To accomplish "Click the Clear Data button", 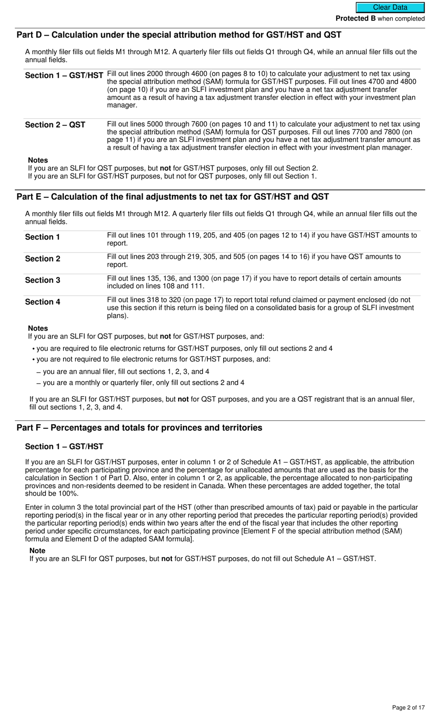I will [x=390, y=7].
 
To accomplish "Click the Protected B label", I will [x=355, y=19].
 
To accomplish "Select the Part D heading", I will [x=179, y=35].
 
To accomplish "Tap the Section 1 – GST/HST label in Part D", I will [x=64, y=76].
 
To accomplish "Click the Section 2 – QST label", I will [x=55, y=125].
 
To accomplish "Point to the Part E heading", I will [x=172, y=197].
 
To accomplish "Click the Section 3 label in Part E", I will [x=43, y=280].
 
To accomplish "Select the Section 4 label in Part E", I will [x=43, y=302].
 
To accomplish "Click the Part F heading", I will [x=139, y=427].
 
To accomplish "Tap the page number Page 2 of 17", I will [x=408, y=707].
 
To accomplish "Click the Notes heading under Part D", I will [x=38, y=160].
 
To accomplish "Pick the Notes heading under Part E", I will [x=38, y=328].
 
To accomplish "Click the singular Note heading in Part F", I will [x=38, y=551].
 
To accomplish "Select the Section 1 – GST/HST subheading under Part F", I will [x=64, y=446].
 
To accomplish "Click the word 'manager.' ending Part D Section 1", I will [x=122, y=105].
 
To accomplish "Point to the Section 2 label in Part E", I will [x=43, y=259].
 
